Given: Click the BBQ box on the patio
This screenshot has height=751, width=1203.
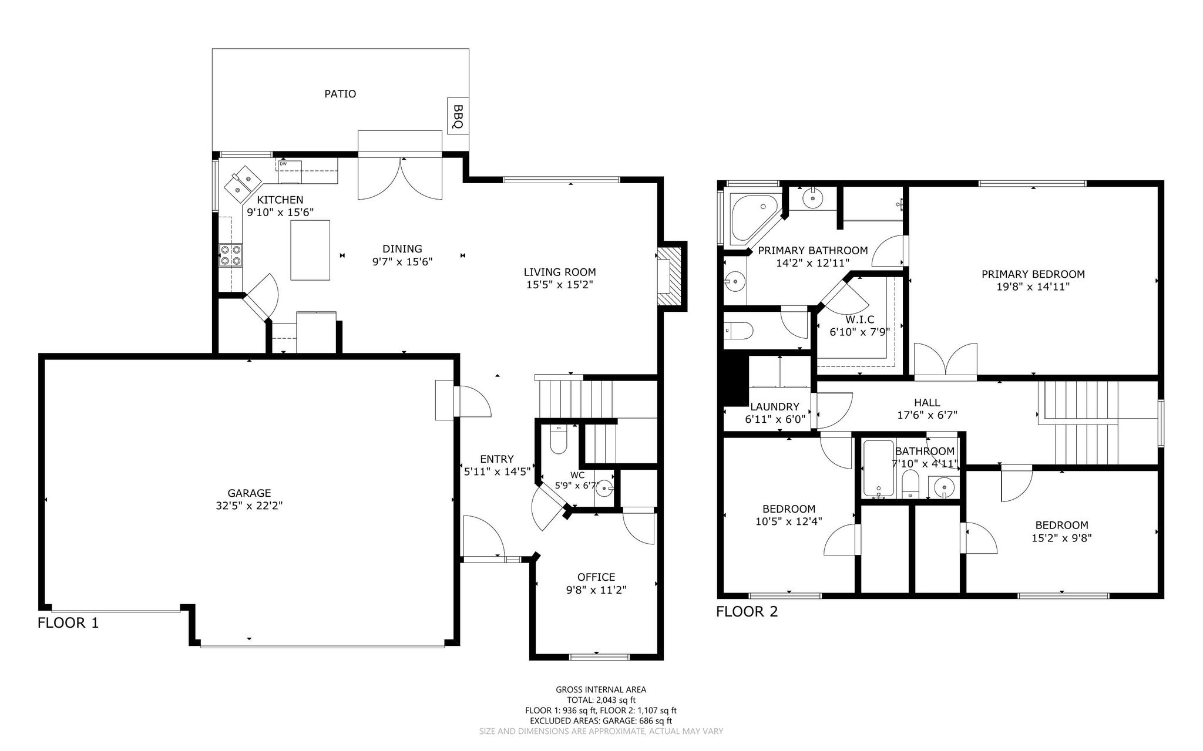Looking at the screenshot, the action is coord(458,116).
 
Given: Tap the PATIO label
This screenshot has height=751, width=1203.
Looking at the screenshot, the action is coord(341,94).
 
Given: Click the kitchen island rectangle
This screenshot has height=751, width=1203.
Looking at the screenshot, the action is coord(310,250).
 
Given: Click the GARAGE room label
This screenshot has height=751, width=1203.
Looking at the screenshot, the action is coord(250,493).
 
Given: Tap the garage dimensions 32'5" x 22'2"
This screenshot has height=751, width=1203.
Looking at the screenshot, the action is coord(250,506).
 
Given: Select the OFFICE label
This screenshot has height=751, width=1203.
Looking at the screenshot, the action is coord(596,577).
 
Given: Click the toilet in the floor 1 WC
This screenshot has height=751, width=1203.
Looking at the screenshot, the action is coord(558,440).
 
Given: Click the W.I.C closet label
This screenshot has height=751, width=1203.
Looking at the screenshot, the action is coord(860,319).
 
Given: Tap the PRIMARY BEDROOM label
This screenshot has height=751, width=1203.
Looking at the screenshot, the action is coord(1033,274).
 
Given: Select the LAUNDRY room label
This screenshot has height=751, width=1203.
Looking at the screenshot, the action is coord(775,407).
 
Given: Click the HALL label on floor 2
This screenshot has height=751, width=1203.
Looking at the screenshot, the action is coord(927,403).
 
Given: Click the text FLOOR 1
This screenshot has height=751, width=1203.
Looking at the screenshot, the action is coord(68,623).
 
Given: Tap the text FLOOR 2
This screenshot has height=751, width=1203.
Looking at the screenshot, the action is coord(747,612).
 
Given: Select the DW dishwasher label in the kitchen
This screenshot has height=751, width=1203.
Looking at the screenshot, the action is coord(283,164).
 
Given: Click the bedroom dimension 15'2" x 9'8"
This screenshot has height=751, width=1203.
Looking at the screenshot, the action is coord(1061,538).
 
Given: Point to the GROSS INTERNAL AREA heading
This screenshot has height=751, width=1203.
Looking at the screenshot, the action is coord(601,690).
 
